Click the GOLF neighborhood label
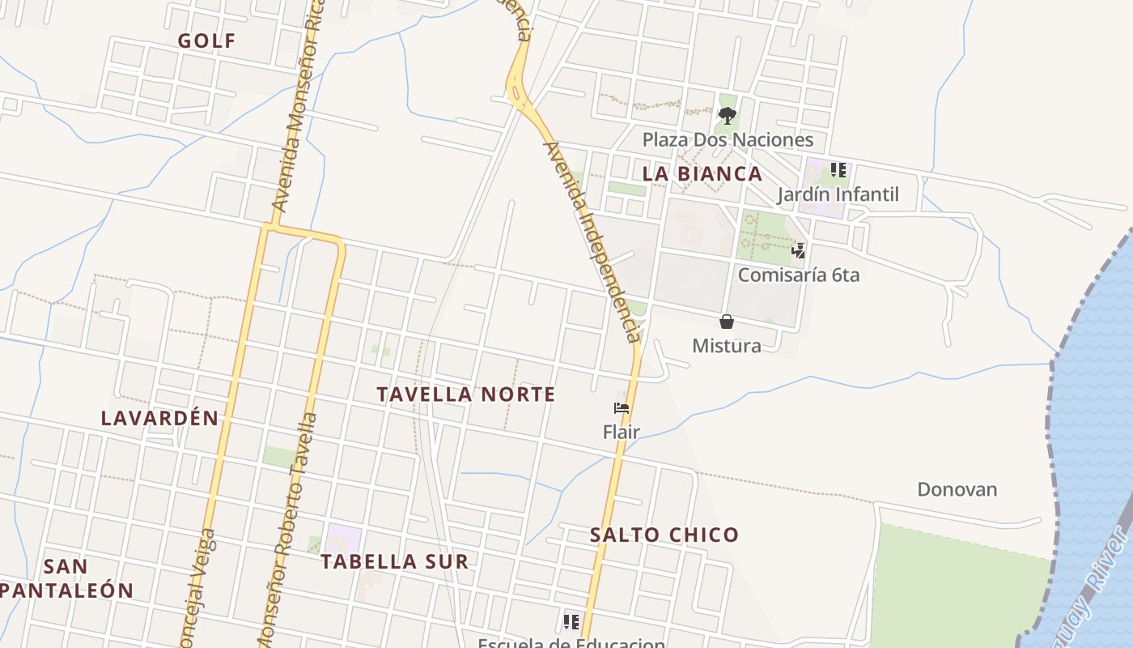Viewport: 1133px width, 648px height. click(x=207, y=40)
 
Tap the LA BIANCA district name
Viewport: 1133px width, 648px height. click(x=702, y=173)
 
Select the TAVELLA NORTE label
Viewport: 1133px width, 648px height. click(x=466, y=394)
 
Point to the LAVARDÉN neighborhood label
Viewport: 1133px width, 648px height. click(x=160, y=418)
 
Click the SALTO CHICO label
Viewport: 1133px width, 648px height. click(x=664, y=535)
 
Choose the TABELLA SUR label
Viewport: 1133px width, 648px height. click(x=394, y=561)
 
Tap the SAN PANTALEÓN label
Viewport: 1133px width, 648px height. click(x=66, y=578)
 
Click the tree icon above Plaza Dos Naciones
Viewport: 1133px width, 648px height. click(x=728, y=115)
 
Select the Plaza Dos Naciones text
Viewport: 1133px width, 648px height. click(x=728, y=139)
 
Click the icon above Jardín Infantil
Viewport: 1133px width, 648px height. click(x=838, y=170)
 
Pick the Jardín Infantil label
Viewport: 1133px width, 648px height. click(x=838, y=194)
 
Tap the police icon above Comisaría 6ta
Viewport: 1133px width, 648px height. click(x=799, y=250)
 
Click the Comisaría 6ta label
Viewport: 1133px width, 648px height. click(x=799, y=275)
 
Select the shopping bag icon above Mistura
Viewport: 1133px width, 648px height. click(x=727, y=322)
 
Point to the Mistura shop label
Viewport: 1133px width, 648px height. click(x=727, y=346)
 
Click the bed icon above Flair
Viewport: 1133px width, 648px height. click(x=622, y=408)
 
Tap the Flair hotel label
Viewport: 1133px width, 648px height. click(x=622, y=432)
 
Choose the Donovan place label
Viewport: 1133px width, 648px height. click(x=957, y=489)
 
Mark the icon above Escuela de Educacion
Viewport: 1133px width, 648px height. click(x=571, y=622)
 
